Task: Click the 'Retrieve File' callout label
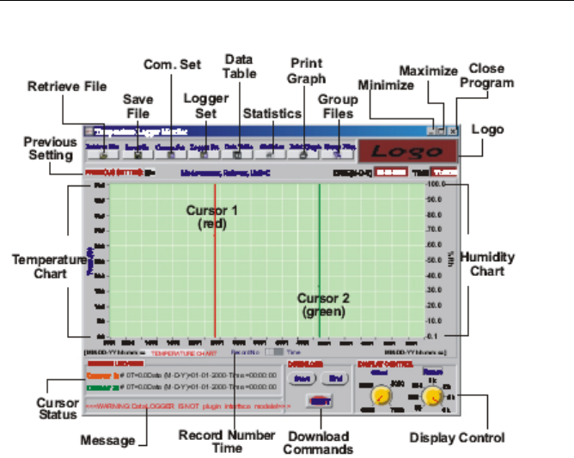point(66,86)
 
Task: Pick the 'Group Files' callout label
point(338,107)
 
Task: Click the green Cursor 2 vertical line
point(320,258)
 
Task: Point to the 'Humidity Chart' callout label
point(493,264)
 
